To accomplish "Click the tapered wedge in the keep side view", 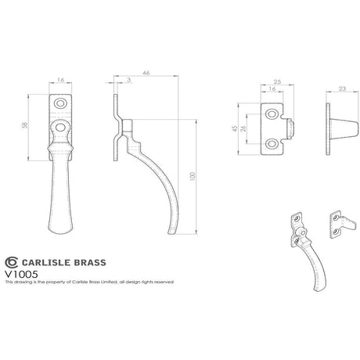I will click(336, 129).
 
